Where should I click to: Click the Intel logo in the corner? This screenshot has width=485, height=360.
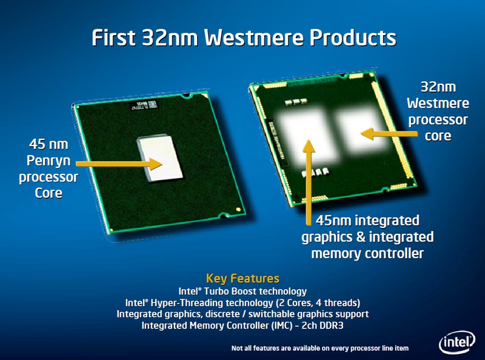click(457, 342)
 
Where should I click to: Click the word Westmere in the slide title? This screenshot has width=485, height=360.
click(254, 38)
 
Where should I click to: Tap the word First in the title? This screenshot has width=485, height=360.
click(113, 38)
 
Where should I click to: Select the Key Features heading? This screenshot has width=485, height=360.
click(242, 278)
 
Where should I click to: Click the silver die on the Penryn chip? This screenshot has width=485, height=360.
click(160, 158)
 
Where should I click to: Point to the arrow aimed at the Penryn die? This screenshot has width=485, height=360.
click(119, 164)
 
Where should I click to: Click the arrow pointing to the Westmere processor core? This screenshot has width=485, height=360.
click(389, 134)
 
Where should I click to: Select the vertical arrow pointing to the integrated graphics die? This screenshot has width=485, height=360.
click(309, 182)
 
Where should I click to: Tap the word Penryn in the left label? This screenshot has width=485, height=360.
click(48, 161)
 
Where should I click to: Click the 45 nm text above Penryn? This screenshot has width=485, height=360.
click(48, 144)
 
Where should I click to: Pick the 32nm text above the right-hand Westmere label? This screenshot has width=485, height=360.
click(438, 87)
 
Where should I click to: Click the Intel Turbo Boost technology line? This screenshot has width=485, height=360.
click(242, 292)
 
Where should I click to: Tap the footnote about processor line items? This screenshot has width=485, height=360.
click(320, 348)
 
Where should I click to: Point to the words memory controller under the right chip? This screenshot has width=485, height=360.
click(367, 253)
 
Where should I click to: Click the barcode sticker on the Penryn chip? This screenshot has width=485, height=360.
click(144, 105)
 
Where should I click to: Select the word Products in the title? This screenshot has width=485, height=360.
click(353, 38)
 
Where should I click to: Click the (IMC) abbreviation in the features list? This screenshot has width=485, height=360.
click(282, 325)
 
